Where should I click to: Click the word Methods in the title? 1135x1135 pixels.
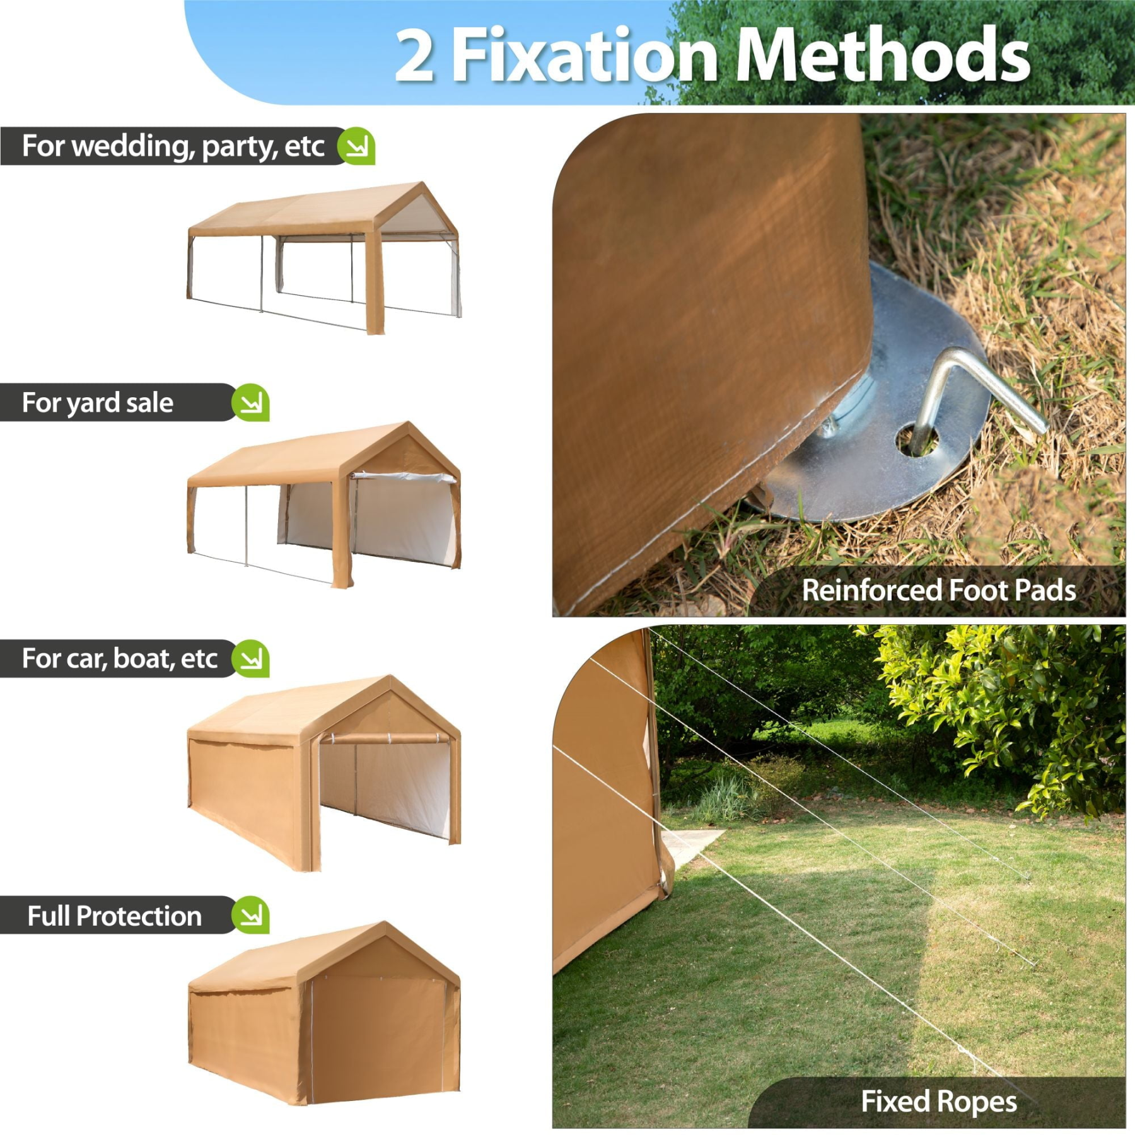(882, 55)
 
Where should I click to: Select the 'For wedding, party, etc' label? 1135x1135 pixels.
(173, 146)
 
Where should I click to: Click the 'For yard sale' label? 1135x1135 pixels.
(98, 402)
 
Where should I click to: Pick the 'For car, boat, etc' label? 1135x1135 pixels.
(120, 658)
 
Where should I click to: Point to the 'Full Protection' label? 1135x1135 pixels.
(114, 916)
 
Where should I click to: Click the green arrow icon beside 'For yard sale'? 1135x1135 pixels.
(251, 402)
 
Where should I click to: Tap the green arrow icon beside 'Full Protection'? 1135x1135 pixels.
(251, 915)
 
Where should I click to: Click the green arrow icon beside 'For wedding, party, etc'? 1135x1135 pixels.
(357, 146)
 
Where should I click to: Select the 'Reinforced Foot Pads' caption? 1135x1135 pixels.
(938, 591)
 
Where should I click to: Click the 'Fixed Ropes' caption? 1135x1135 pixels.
(939, 1102)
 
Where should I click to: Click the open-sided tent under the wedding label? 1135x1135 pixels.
(324, 258)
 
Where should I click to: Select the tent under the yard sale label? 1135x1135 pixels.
(324, 504)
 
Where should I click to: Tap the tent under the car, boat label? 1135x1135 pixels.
(324, 773)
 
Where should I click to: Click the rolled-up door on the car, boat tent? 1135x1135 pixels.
(386, 738)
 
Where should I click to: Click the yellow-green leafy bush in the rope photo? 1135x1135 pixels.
(1003, 713)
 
